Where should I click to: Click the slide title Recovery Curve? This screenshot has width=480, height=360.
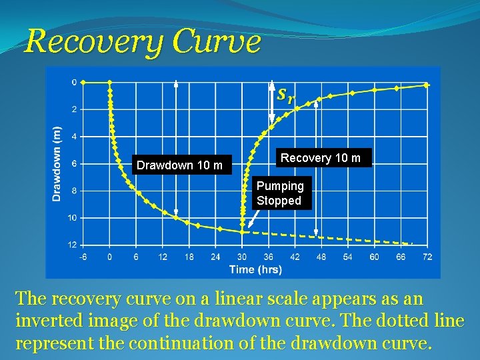tap(142, 41)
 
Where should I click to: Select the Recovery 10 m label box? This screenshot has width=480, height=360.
tap(321, 158)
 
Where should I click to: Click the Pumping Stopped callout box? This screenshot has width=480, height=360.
tap(279, 193)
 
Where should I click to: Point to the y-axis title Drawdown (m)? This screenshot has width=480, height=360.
tap(57, 163)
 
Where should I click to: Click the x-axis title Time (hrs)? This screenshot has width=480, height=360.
tap(255, 269)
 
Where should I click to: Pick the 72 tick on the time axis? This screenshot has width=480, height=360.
tap(427, 257)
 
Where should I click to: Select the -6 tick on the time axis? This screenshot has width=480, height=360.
tap(83, 257)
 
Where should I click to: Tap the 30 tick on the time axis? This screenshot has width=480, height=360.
tap(241, 257)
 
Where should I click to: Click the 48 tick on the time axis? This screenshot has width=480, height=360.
tap(321, 257)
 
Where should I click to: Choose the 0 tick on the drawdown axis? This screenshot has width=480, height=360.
tap(74, 82)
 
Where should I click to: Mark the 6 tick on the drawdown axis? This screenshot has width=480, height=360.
tap(74, 163)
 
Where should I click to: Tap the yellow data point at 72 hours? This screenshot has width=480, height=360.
tap(427, 85)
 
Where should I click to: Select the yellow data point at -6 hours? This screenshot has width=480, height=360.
tap(83, 82)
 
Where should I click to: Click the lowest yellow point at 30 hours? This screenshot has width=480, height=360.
tap(242, 231)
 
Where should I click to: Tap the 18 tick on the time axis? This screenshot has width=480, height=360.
tap(189, 257)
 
